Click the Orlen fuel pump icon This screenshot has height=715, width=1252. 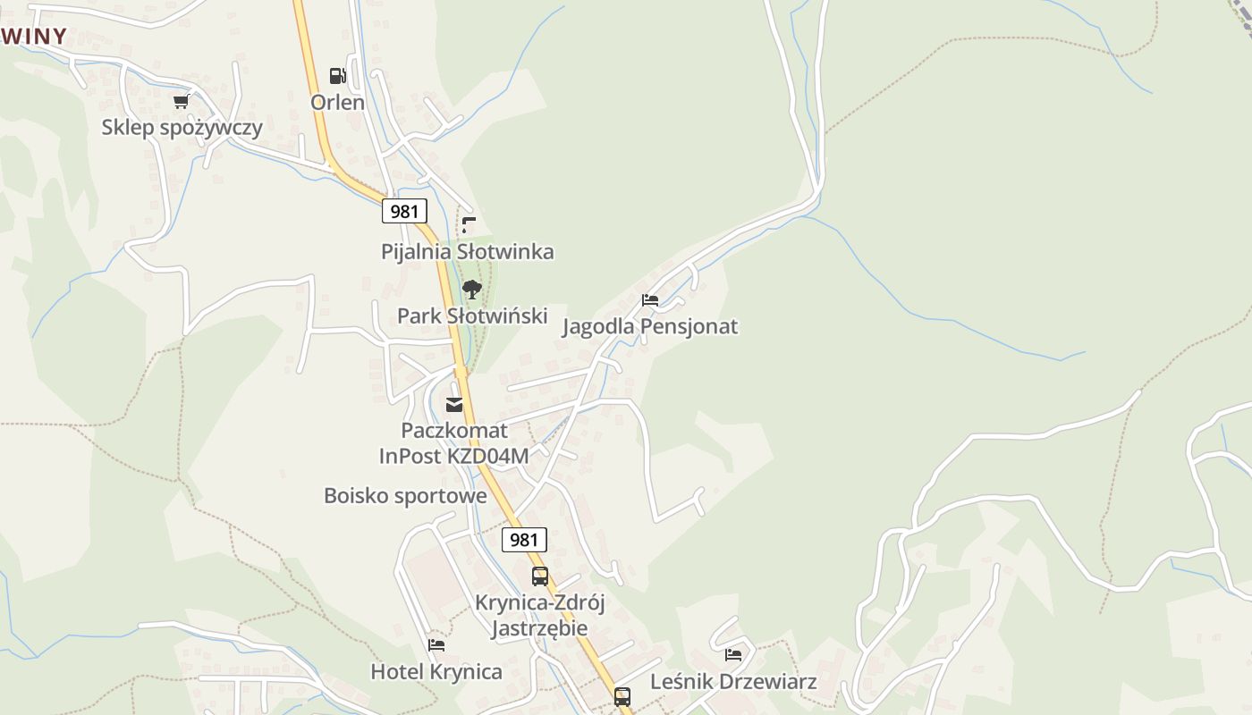[337, 76]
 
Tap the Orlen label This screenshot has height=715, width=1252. [337, 102]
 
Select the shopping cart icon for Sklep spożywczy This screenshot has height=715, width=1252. [182, 101]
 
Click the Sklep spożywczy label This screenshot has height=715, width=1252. [182, 127]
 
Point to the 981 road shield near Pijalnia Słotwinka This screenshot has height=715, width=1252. [404, 211]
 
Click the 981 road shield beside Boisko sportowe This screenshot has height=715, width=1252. [524, 539]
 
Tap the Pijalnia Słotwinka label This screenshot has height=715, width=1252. [467, 251]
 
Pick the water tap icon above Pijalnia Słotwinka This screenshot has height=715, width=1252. [468, 224]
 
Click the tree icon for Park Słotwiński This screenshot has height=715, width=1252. [471, 289]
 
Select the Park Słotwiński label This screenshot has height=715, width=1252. [471, 315]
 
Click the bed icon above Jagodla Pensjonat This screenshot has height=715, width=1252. [650, 300]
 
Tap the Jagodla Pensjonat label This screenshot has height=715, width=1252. [649, 326]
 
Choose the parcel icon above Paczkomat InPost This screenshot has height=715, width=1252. [454, 405]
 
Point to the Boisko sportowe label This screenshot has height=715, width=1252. [405, 495]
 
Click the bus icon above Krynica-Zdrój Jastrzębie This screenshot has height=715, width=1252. [540, 576]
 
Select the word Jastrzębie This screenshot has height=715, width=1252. [539, 627]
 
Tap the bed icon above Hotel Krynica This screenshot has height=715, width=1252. [436, 644]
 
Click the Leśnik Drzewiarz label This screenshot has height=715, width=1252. [732, 682]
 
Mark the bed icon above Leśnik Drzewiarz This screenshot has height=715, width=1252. [733, 655]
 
